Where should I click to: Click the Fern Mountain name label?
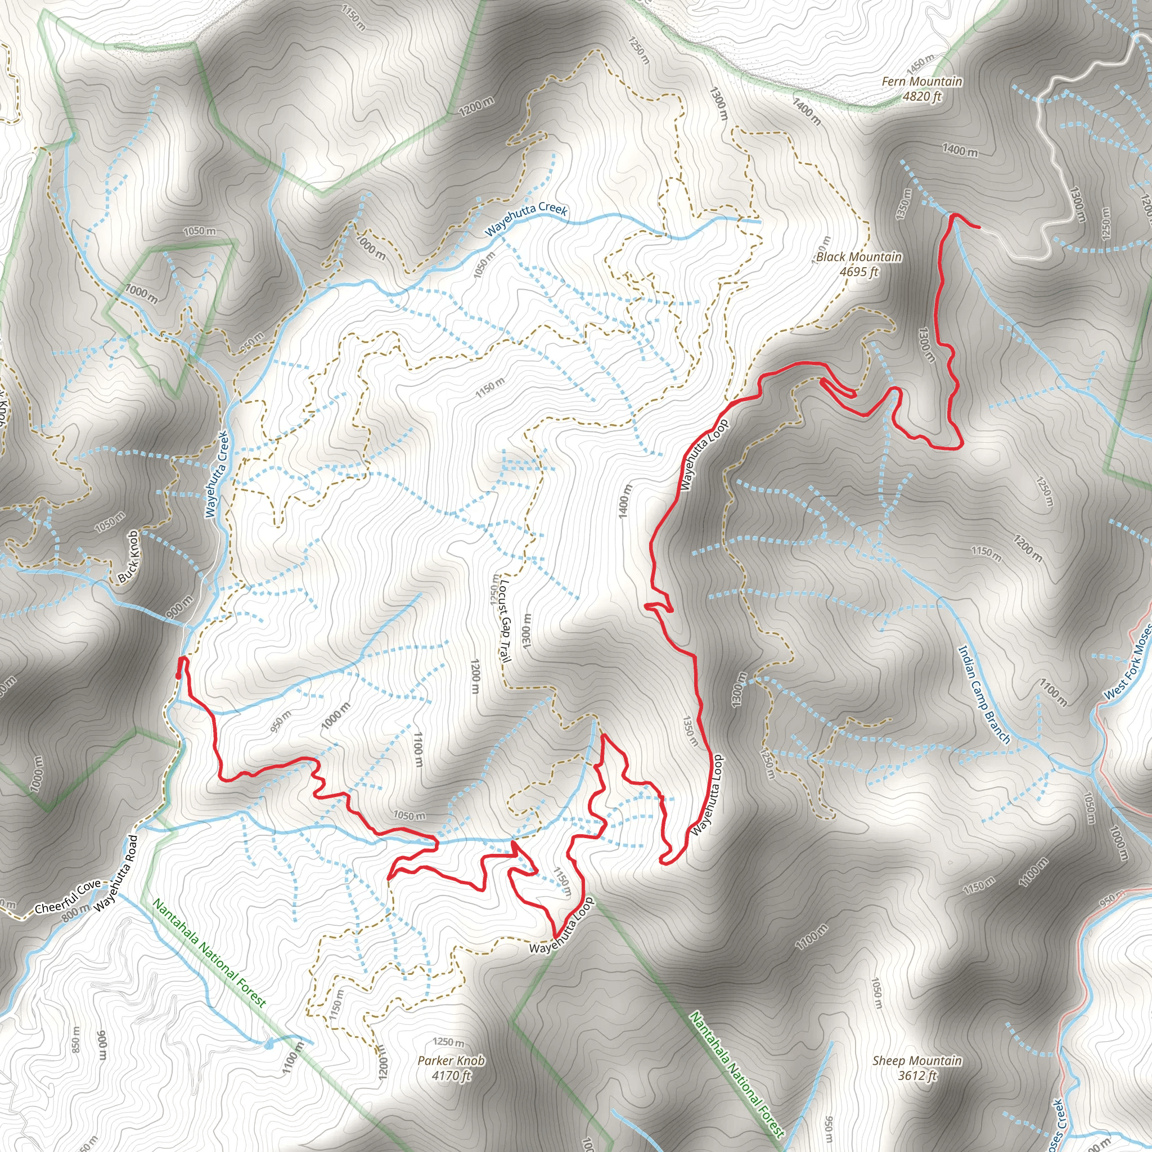tap(922, 81)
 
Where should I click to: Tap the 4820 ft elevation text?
tap(922, 96)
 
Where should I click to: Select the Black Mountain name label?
tap(858, 257)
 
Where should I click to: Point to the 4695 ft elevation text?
tap(858, 272)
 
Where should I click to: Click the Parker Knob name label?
tap(451, 1061)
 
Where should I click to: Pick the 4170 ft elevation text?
tap(451, 1075)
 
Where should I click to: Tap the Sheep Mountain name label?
tap(917, 1061)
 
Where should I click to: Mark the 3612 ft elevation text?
tap(917, 1075)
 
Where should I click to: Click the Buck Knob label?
tap(128, 556)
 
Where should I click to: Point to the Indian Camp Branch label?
tap(984, 695)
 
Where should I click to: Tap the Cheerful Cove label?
tap(67, 896)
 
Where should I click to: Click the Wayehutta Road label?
tap(116, 872)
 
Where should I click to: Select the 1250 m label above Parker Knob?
tap(448, 1042)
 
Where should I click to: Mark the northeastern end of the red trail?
tap(979, 227)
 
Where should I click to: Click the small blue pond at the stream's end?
tap(267, 1043)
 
